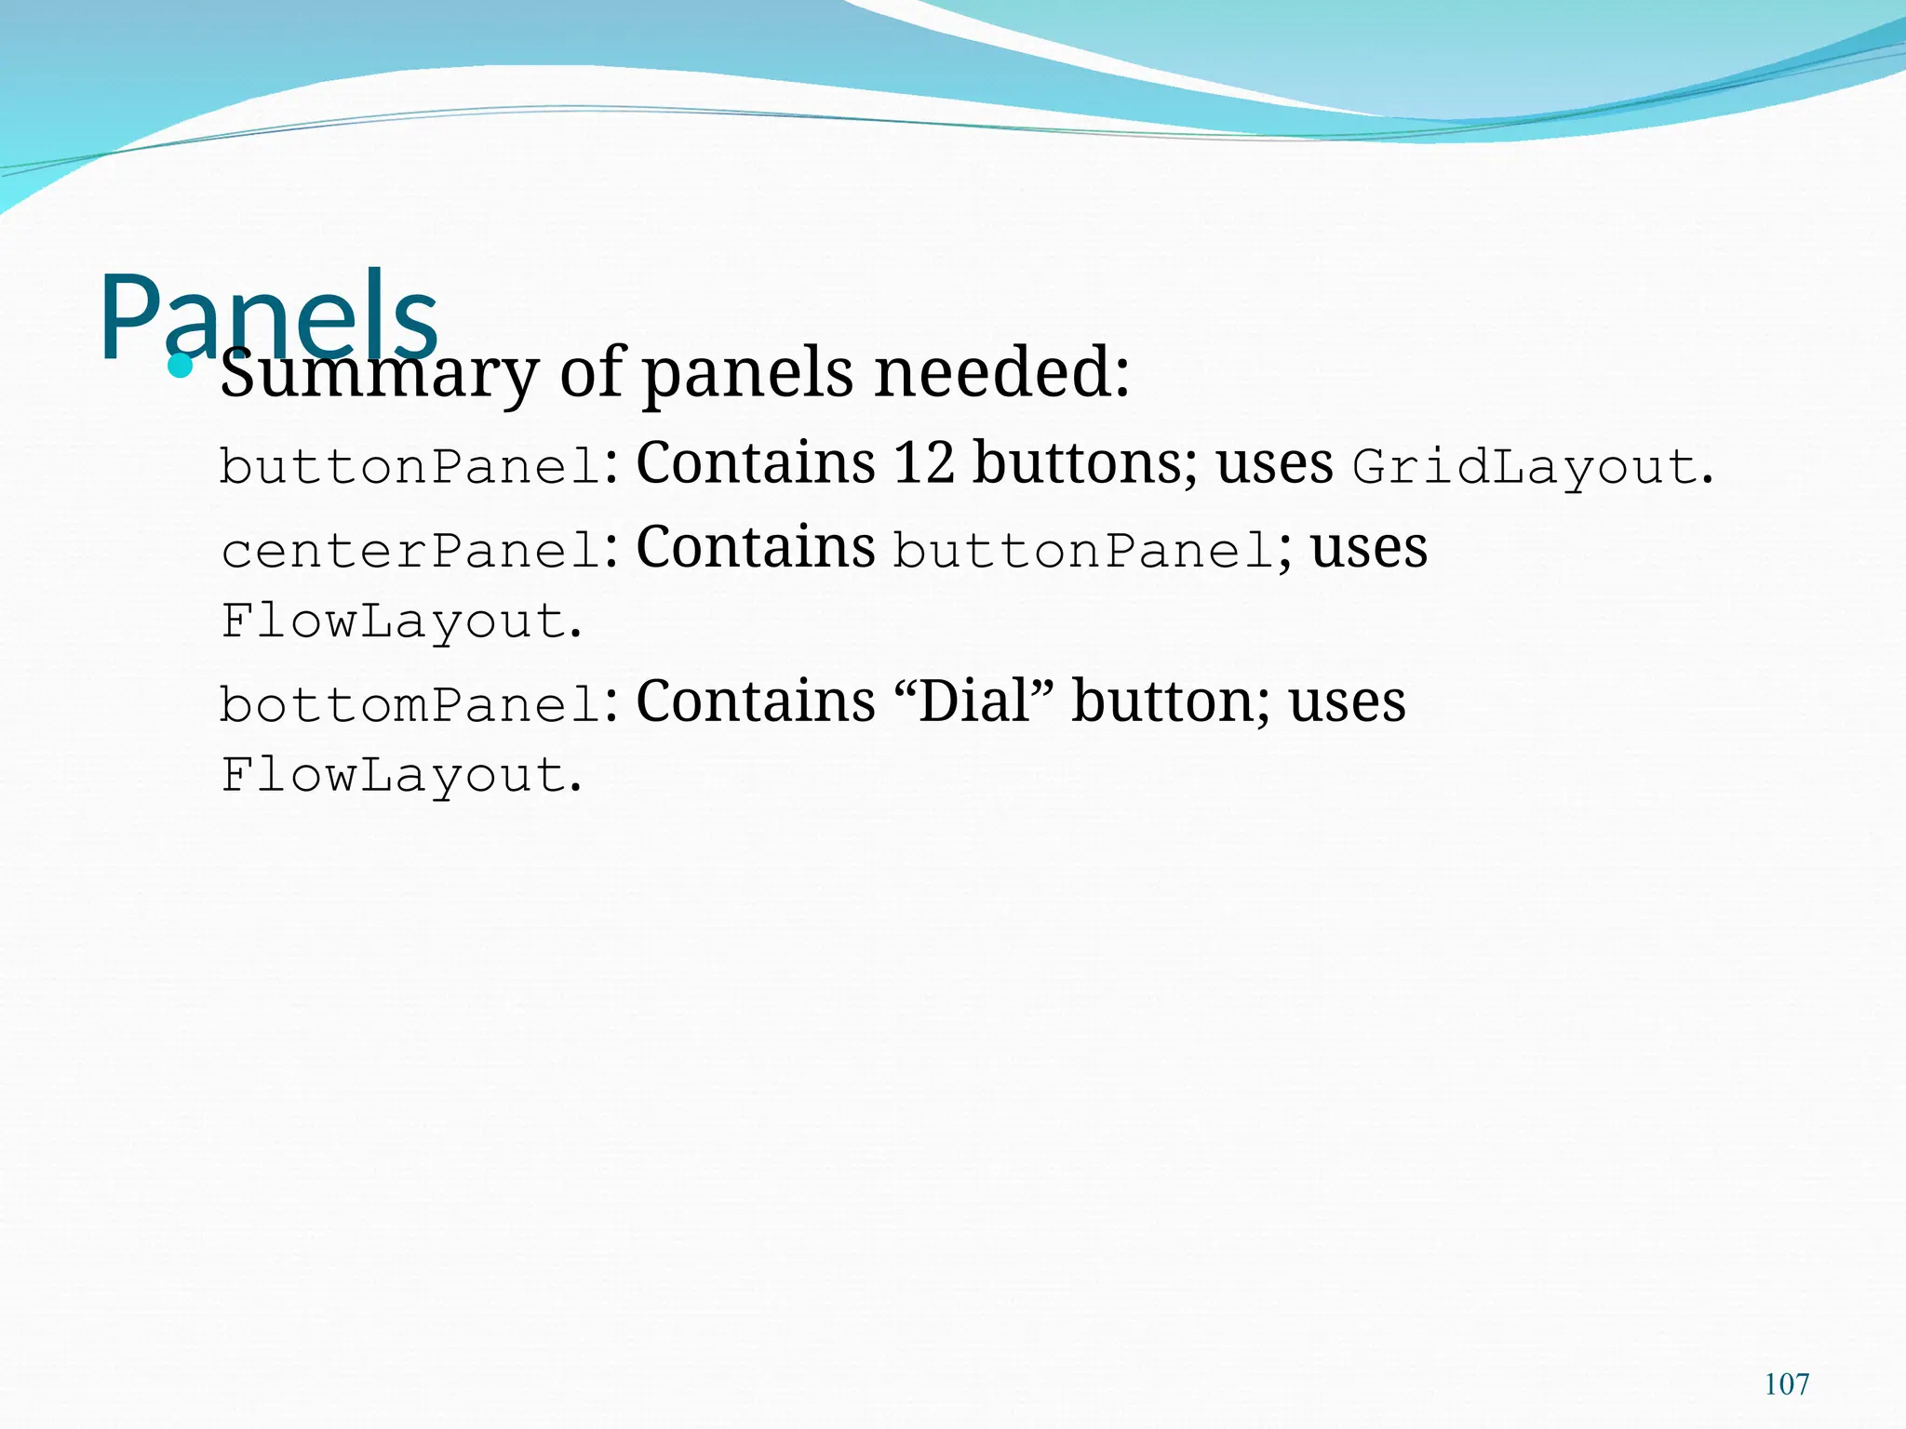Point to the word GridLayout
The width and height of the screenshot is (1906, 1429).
pyautogui.click(x=1525, y=467)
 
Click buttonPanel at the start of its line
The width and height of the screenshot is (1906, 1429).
pyautogui.click(x=409, y=467)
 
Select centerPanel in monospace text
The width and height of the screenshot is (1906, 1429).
pyautogui.click(x=409, y=551)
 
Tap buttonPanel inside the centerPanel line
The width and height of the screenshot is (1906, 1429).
pyautogui.click(x=1083, y=551)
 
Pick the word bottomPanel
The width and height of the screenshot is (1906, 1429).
pyautogui.click(x=409, y=704)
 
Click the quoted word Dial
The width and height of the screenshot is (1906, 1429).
pyautogui.click(x=976, y=701)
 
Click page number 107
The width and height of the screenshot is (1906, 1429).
pyautogui.click(x=1786, y=1384)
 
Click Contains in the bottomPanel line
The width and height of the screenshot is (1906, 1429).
pyautogui.click(x=755, y=701)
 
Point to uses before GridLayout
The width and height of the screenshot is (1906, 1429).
pyautogui.click(x=1274, y=462)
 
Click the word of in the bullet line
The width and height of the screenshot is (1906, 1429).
pyautogui.click(x=591, y=372)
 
